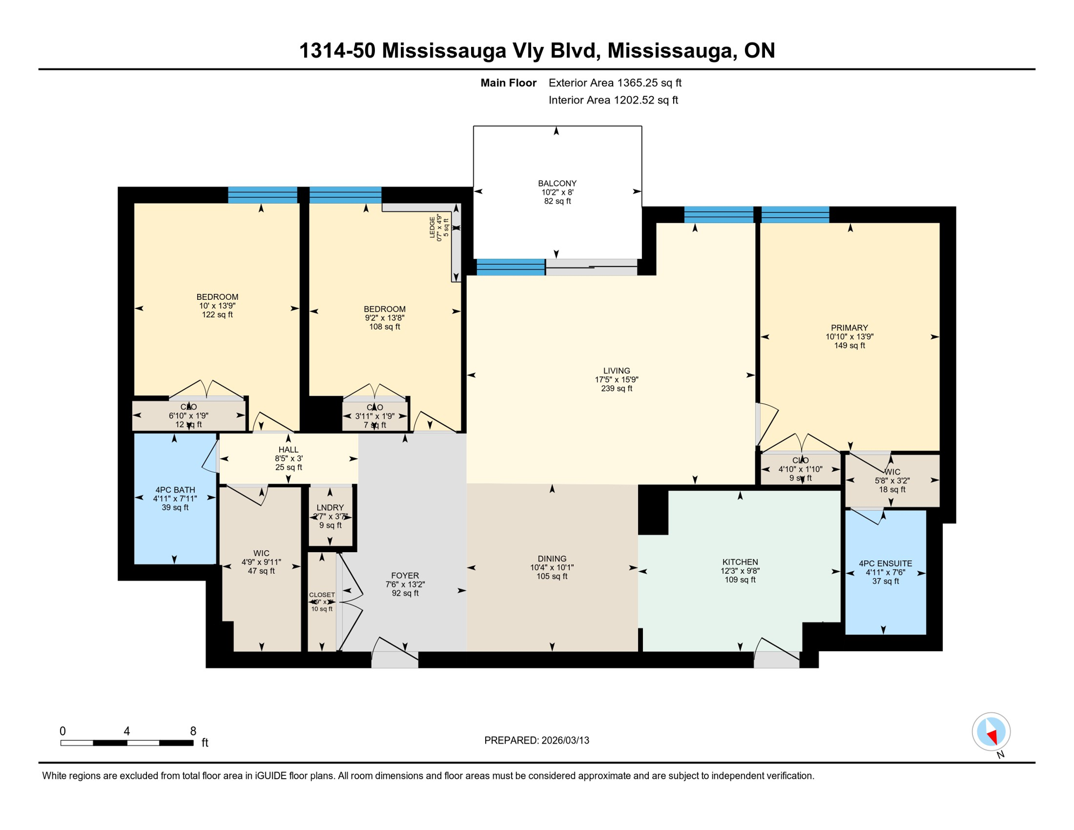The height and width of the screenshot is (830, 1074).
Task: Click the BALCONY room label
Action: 557,192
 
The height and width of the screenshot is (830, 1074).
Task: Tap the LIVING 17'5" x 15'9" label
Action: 616,379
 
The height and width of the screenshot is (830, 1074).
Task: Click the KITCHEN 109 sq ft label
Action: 740,571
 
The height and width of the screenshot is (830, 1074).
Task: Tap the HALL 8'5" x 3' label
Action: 288,458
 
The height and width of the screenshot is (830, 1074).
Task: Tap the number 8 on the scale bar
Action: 193,731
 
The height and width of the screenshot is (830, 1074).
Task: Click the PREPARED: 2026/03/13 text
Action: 536,740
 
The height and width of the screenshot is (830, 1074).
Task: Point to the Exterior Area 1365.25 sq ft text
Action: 615,83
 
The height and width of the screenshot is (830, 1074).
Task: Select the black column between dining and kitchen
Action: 653,510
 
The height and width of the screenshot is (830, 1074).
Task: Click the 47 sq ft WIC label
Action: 261,562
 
